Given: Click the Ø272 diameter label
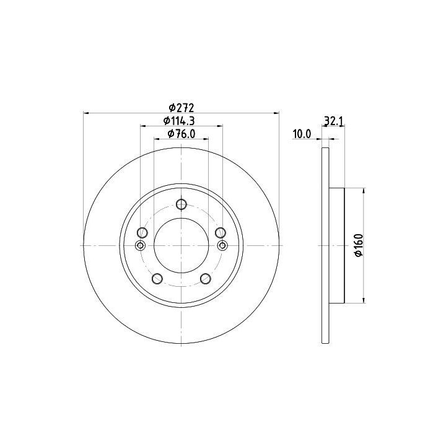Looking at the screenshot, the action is coord(181,108).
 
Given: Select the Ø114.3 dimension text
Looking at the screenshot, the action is coord(179,121).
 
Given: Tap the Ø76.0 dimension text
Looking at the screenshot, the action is coord(181,134).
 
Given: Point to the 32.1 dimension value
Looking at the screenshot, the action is coord(333,121).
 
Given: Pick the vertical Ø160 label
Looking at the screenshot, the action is coord(359,245).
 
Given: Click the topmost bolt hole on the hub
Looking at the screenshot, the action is coord(181,204).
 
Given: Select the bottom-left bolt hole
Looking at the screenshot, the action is coord(157,279).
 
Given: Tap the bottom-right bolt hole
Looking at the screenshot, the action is coord(206,279).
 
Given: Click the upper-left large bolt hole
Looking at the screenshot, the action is coord(142,233).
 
